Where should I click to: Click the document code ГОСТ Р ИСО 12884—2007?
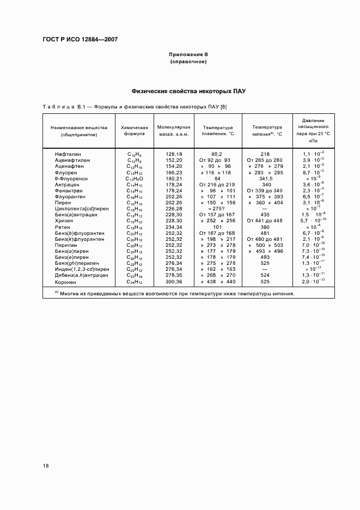coord(80,39)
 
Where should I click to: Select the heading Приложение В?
coord(188,55)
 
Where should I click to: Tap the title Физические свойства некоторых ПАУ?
coord(188,91)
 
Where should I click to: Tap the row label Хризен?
coord(64,221)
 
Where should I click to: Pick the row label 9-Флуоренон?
coord(72,179)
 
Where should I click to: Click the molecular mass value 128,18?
coord(173,154)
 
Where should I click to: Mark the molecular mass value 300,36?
coord(173,282)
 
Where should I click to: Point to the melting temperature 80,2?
coord(217,154)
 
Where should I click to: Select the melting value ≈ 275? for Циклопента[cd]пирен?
coord(217,209)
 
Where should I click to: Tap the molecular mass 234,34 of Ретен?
coord(173,227)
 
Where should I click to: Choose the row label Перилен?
coord(66,245)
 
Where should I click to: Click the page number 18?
coord(46,466)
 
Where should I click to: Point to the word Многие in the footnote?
coord(71,294)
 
